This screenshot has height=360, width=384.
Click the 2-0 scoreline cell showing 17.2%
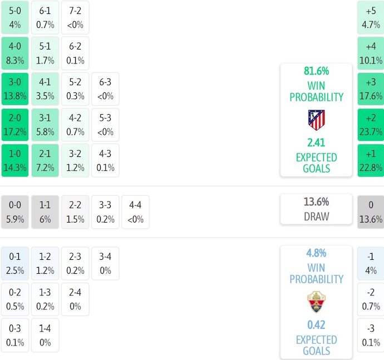tap(15, 125)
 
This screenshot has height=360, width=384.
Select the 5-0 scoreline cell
tap(15, 17)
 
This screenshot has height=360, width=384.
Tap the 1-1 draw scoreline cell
tap(45, 212)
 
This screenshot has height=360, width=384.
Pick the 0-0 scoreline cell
tap(15, 212)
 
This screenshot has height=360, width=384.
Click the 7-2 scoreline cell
tap(75, 17)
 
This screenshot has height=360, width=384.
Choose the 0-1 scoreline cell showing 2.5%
tap(15, 264)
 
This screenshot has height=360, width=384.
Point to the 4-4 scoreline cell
tap(135, 212)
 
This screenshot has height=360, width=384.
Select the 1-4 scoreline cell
tap(45, 336)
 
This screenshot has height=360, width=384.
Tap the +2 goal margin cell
tap(371, 125)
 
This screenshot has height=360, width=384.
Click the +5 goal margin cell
tap(371, 17)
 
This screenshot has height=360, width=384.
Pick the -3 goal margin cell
tap(371, 336)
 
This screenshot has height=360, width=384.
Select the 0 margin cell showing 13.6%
tap(371, 212)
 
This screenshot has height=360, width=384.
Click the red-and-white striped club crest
tap(316, 120)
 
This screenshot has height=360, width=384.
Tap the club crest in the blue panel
tap(316, 302)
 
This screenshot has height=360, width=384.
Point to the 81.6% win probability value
tap(316, 71)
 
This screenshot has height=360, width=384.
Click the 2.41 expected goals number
tap(316, 142)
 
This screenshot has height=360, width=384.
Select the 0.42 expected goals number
tap(316, 325)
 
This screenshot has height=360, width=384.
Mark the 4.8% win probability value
tap(316, 253)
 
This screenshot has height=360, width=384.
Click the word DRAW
tap(316, 216)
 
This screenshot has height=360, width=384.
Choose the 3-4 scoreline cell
tap(105, 264)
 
